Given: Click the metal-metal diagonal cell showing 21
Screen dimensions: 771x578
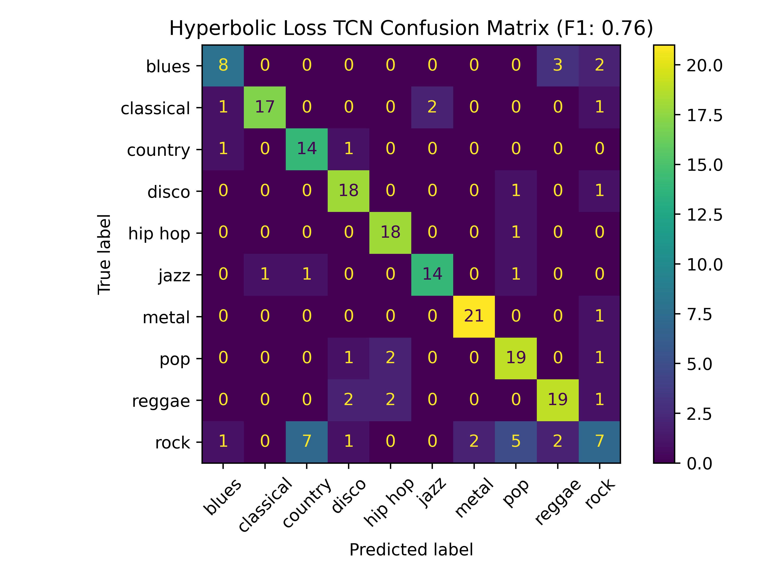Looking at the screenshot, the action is (474, 316).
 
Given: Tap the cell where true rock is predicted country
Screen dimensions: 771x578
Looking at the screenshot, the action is (306, 442).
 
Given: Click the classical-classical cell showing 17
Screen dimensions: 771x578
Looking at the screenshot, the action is (265, 107).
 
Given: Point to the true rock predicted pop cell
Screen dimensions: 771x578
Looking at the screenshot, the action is (516, 442).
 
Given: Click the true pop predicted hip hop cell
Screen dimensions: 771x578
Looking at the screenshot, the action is (390, 358).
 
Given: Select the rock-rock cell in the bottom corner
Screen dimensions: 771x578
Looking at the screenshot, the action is (599, 442).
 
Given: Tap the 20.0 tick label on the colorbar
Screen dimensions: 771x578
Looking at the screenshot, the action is (705, 66).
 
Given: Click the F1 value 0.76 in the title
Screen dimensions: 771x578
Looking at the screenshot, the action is (624, 28).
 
